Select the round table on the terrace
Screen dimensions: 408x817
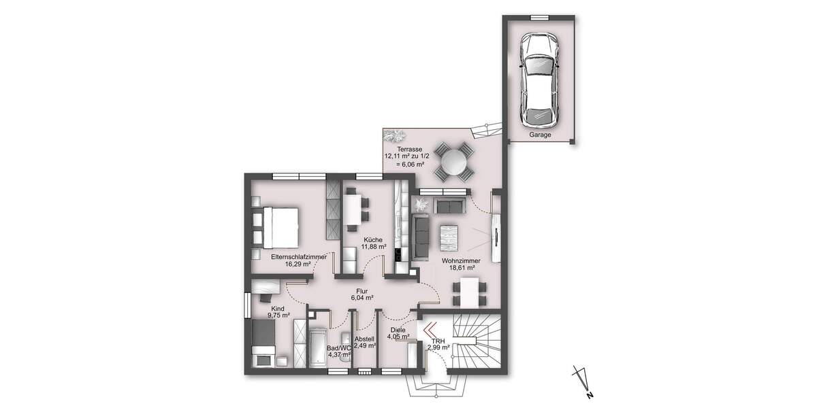(452, 162)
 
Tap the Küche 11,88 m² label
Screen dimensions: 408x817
(372, 243)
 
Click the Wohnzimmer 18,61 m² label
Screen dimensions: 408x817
(461, 265)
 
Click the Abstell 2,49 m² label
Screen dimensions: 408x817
(365, 342)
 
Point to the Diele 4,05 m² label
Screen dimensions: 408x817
(398, 333)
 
